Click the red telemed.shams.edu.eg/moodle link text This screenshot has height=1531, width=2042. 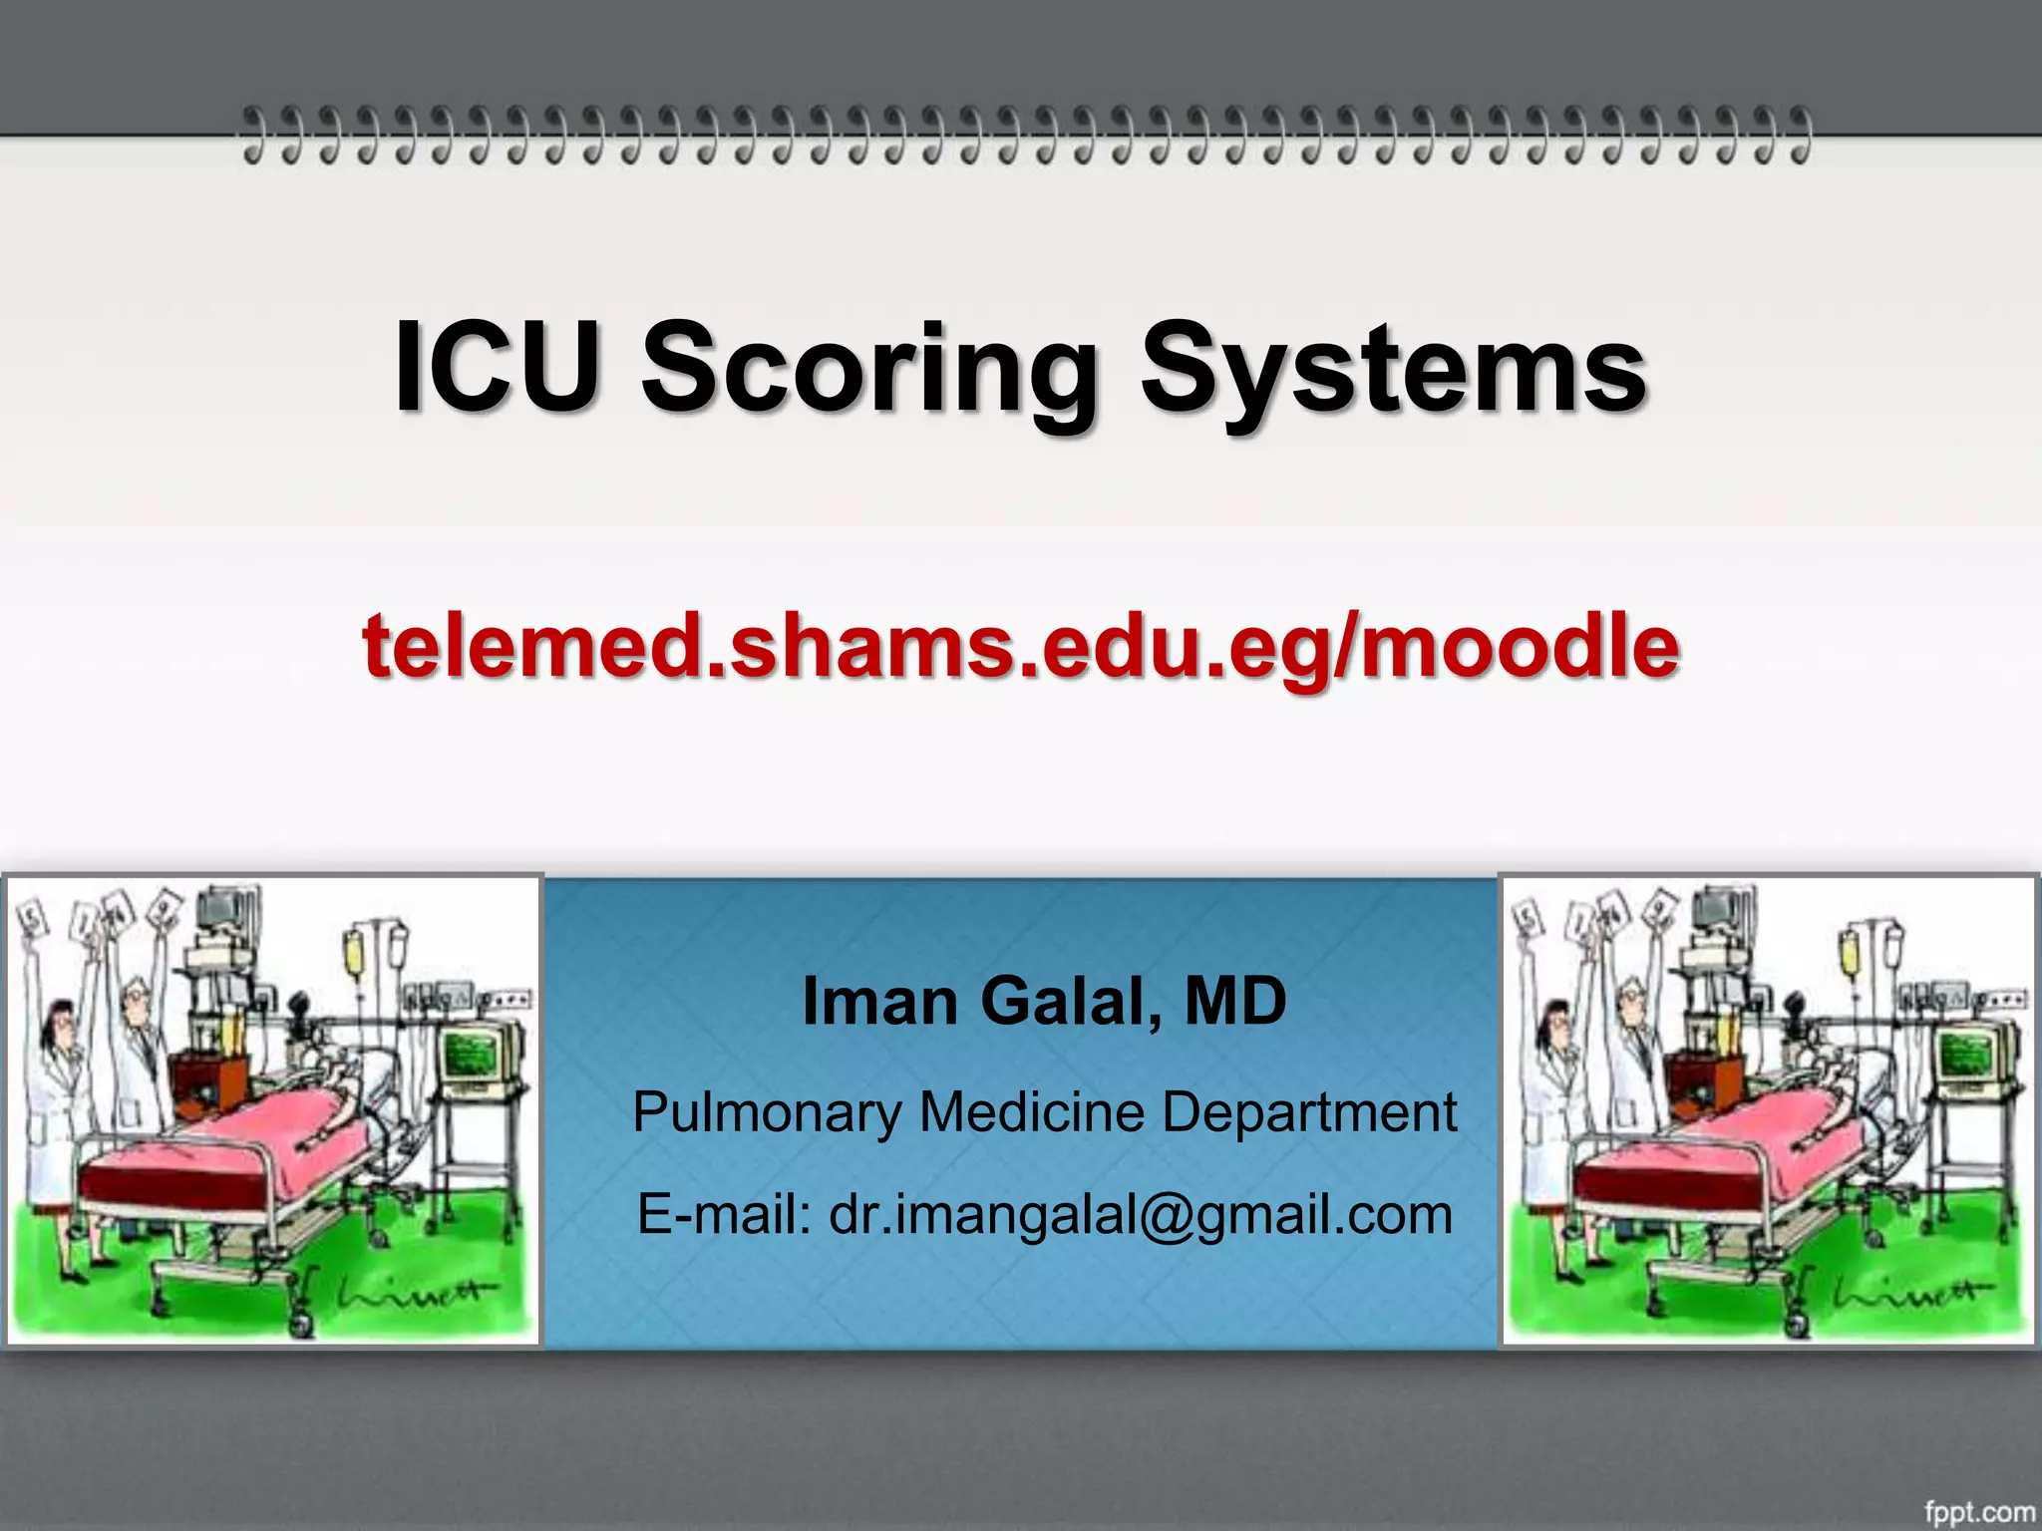[x=1021, y=646]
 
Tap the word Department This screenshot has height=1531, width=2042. [x=1309, y=1112]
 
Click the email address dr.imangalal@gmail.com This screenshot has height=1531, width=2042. [x=1141, y=1215]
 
